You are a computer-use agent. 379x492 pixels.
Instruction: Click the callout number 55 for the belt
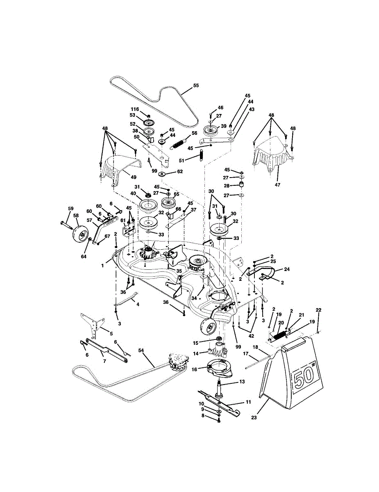tap(195, 86)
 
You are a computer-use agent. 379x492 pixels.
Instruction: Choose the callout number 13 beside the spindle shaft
tap(242, 381)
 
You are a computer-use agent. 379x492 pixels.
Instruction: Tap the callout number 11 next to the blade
tap(248, 402)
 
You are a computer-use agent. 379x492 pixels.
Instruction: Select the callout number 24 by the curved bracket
tap(286, 269)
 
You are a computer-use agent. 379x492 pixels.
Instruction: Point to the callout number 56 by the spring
tap(194, 133)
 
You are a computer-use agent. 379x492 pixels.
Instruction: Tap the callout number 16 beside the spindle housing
tap(194, 369)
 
